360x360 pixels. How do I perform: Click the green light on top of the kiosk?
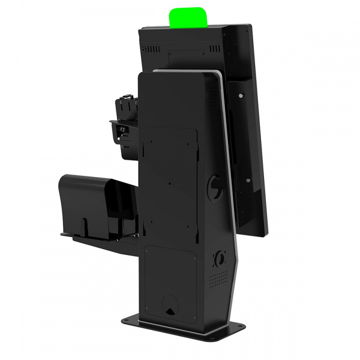pos(189,18)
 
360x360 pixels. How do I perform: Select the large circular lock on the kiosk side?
pos(214,187)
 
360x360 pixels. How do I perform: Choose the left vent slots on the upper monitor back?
pos(152,49)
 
